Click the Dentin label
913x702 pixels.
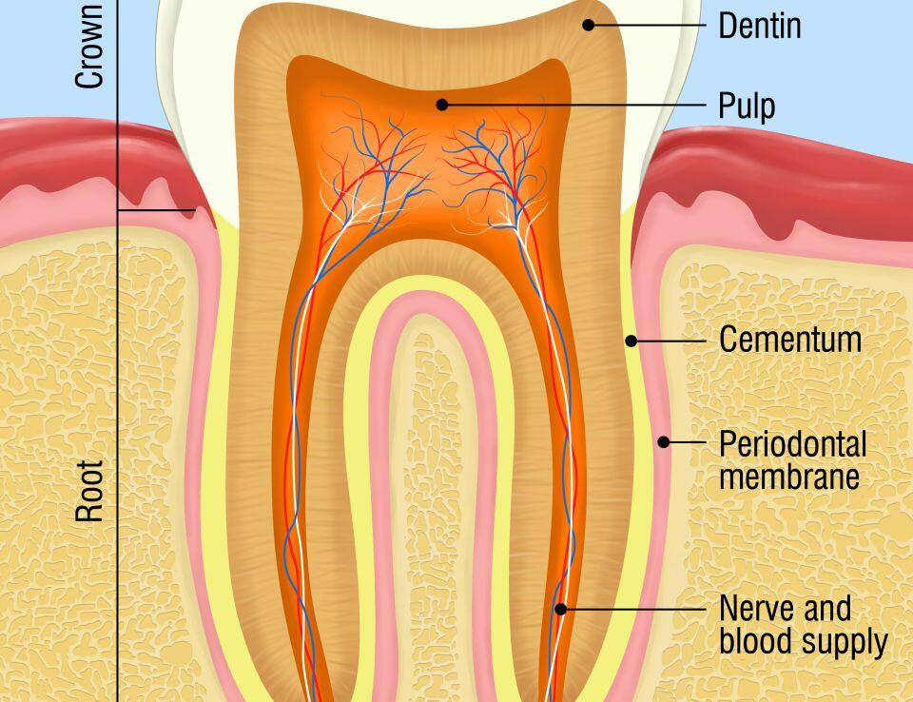(759, 26)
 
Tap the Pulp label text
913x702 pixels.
(747, 106)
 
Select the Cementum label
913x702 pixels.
(789, 340)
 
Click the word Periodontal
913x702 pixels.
(792, 444)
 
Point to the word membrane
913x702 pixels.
(788, 475)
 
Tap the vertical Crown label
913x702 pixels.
(90, 46)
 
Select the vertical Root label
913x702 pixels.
(90, 491)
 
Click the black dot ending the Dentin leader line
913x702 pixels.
(589, 25)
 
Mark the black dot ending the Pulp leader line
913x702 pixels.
(442, 104)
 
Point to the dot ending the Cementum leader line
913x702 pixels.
(629, 340)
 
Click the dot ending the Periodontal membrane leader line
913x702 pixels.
(665, 441)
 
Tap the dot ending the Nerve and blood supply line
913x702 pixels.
(560, 608)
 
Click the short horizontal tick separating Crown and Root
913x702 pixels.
(157, 210)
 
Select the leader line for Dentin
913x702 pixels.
(647, 25)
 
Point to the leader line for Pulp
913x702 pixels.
(571, 104)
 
